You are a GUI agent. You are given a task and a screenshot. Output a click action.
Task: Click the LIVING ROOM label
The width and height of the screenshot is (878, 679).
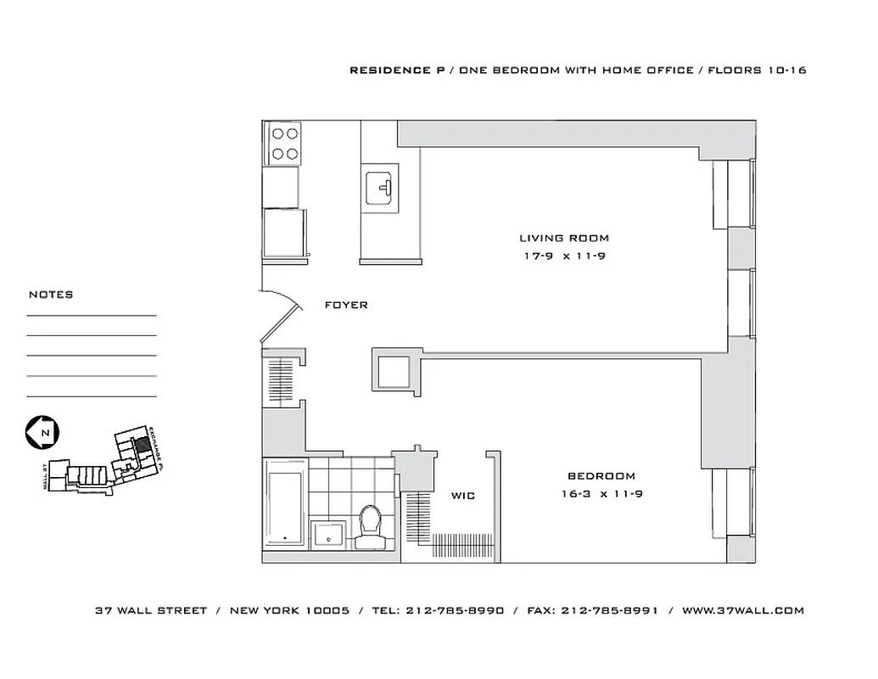pyautogui.click(x=563, y=238)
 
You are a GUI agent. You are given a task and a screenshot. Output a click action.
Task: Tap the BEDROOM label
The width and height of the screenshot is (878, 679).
pyautogui.click(x=601, y=476)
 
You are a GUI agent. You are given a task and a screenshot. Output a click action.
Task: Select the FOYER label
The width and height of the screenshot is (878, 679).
pyautogui.click(x=346, y=305)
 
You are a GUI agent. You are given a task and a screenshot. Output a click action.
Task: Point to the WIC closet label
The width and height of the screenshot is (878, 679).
pyautogui.click(x=462, y=496)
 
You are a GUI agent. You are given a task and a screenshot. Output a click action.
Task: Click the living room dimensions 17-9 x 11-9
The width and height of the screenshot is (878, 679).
pyautogui.click(x=563, y=255)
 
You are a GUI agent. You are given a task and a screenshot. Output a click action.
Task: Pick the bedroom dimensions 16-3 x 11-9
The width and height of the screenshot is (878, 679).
pyautogui.click(x=601, y=493)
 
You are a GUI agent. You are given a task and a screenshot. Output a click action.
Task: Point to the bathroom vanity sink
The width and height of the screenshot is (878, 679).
pyautogui.click(x=327, y=533)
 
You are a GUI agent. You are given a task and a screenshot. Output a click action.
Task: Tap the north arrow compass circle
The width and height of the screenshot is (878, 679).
pyautogui.click(x=41, y=432)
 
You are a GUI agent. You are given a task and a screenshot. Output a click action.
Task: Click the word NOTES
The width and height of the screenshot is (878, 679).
pyautogui.click(x=51, y=295)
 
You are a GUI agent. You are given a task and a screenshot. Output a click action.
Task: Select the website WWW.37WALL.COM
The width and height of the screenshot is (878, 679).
pyautogui.click(x=742, y=610)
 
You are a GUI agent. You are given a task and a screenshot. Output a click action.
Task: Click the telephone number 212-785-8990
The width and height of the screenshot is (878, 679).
pyautogui.click(x=455, y=610)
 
